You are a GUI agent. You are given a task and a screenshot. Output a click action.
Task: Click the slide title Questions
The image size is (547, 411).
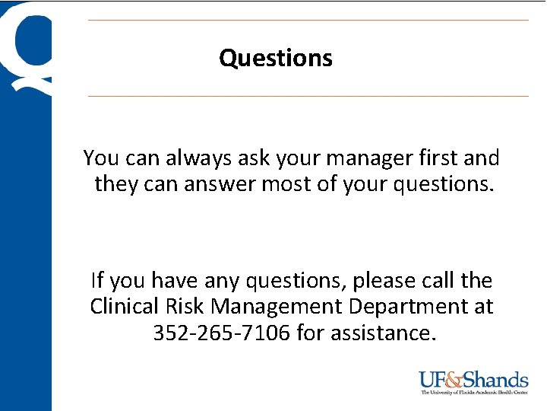point(276,58)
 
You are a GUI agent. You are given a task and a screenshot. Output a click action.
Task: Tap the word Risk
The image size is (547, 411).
point(184,307)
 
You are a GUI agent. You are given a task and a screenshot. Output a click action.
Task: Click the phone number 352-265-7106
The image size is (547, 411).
point(221,333)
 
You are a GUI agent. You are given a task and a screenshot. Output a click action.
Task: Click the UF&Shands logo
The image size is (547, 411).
point(473,380)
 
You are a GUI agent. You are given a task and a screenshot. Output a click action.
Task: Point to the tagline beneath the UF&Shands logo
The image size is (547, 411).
point(474,393)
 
